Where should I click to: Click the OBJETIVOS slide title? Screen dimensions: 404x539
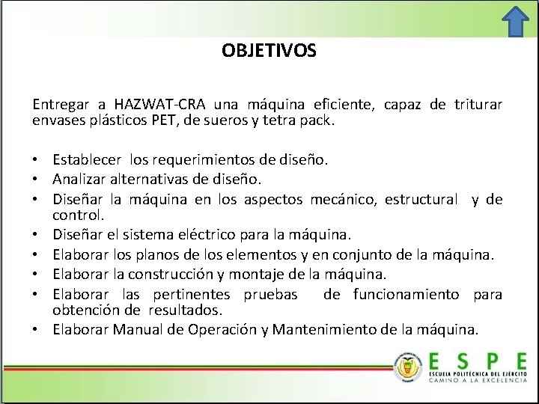point(269,51)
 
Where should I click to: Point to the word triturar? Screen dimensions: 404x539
point(478,104)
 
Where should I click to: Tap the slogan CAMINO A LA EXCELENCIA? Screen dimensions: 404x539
point(478,380)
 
